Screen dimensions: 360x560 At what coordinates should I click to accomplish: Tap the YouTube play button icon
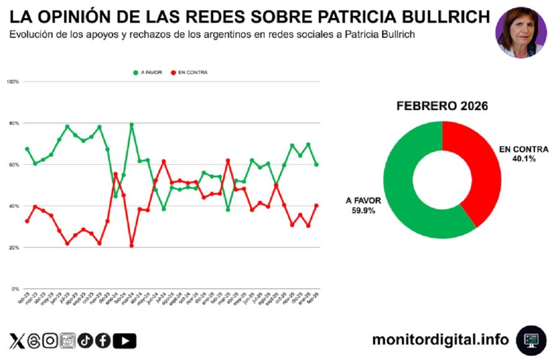pyautogui.click(x=125, y=341)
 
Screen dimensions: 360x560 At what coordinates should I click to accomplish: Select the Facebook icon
pyautogui.click(x=103, y=341)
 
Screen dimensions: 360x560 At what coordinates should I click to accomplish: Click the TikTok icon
pyautogui.click(x=85, y=341)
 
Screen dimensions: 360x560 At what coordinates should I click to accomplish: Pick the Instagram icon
pyautogui.click(x=50, y=341)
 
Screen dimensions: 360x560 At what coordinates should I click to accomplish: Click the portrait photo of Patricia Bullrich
pyautogui.click(x=521, y=32)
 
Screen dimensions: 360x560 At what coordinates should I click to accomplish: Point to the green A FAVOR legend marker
pyautogui.click(x=136, y=72)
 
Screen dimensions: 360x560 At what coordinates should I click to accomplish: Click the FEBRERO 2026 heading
pyautogui.click(x=442, y=106)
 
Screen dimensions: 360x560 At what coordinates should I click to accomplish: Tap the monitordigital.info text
pyautogui.click(x=440, y=339)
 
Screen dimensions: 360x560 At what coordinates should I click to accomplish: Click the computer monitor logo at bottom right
pyautogui.click(x=531, y=340)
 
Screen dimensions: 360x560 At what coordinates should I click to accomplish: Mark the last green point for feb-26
pyautogui.click(x=317, y=165)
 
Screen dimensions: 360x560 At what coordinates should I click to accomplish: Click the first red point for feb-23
pyautogui.click(x=27, y=221)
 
